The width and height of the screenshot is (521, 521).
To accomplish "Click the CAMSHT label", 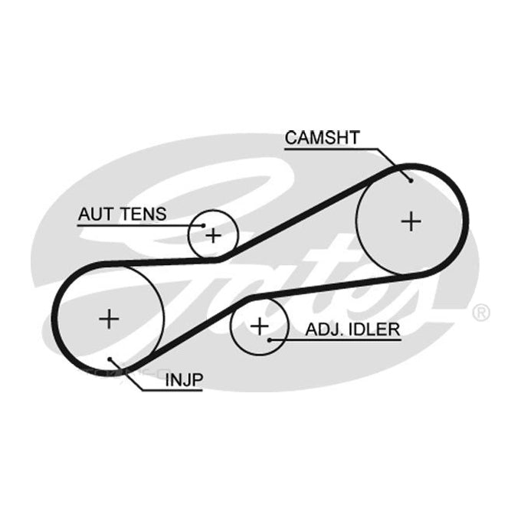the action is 323,138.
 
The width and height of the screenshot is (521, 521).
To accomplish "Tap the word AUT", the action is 95,214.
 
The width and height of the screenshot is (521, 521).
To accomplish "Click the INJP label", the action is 184,380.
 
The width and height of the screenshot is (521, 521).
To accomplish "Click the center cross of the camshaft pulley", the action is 411,221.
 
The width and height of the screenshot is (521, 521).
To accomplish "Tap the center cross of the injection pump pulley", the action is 109,319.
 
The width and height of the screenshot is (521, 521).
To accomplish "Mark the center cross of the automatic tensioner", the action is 213,236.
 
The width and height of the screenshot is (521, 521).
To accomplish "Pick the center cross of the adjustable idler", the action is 260,326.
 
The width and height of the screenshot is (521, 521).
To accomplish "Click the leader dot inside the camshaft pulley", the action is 411,181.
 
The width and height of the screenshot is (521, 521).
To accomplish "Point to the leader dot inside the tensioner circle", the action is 203,225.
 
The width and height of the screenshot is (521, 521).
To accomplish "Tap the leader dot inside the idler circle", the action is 270,340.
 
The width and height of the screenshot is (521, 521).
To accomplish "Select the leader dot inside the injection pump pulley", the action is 110,359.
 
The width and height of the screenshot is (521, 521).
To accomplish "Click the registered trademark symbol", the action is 481,313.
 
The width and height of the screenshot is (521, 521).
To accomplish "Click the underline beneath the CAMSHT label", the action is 331,149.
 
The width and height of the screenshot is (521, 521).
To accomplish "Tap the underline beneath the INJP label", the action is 172,390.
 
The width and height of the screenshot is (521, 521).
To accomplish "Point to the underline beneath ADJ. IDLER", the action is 336,340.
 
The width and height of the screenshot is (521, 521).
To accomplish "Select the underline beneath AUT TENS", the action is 140,225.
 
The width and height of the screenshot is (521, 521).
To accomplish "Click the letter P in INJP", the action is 198,380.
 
